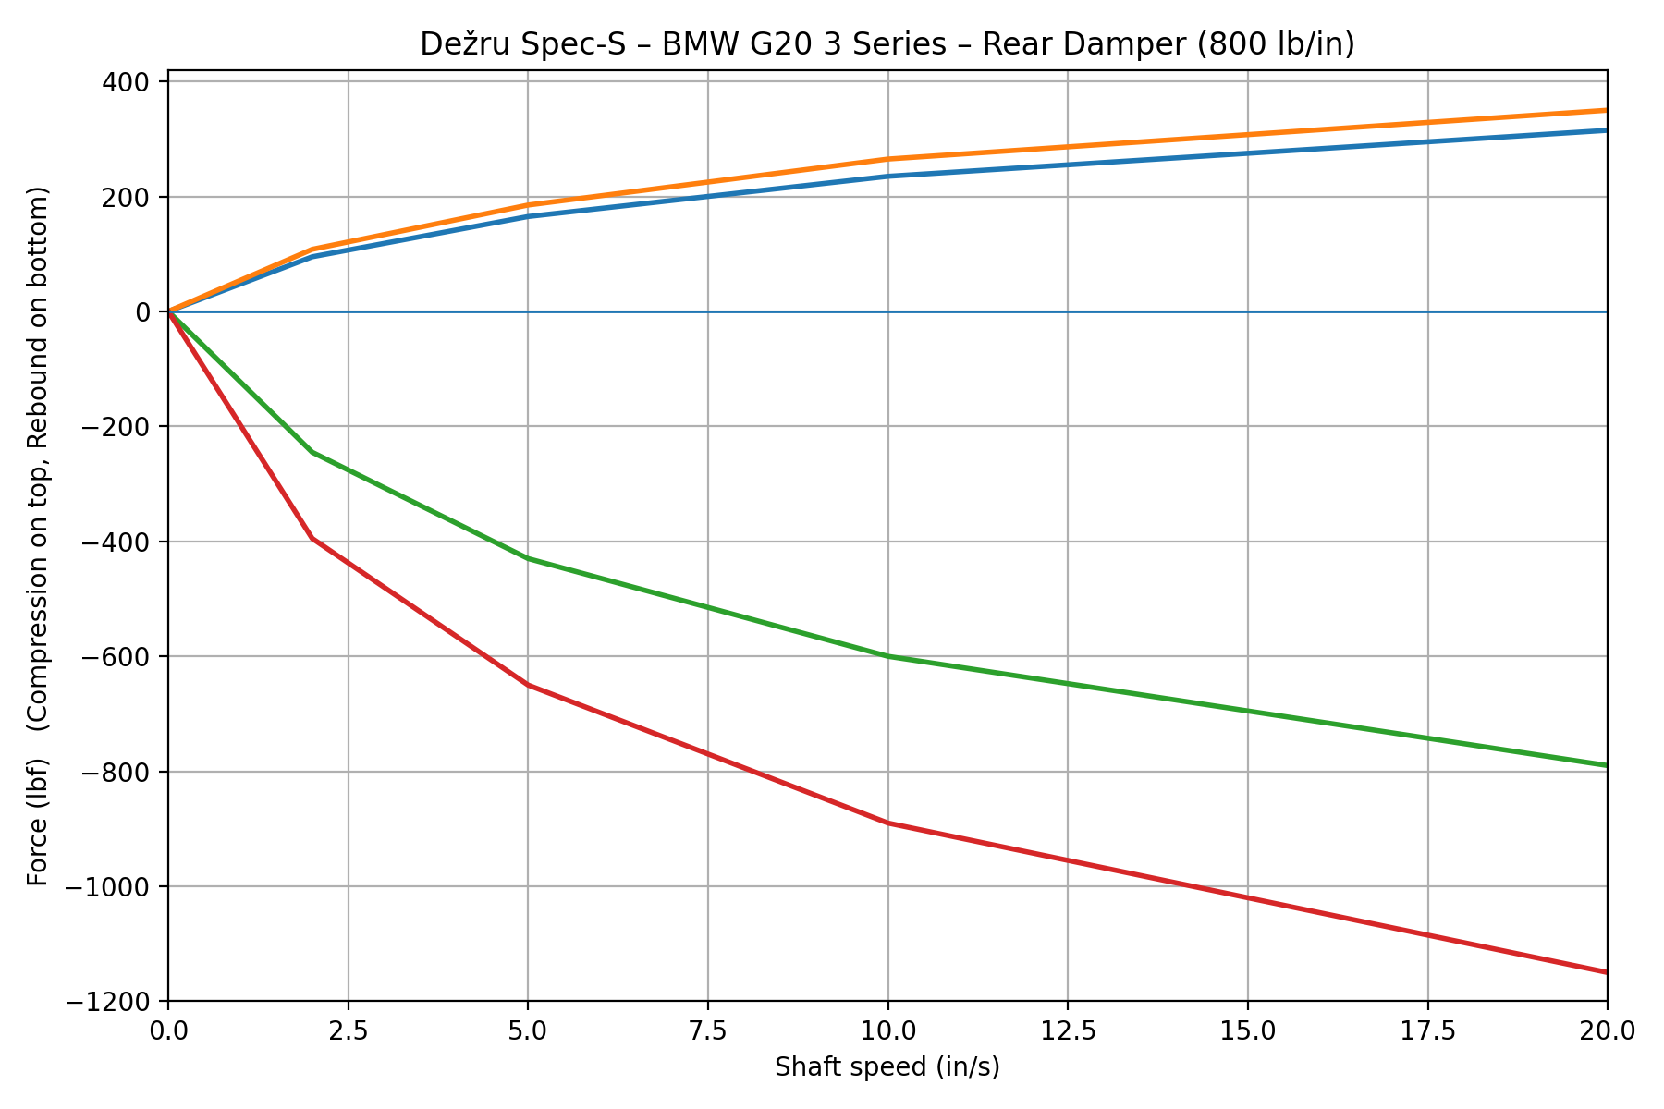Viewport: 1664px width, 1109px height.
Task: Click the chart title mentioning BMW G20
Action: click(887, 44)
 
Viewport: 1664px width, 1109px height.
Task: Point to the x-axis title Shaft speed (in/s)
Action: click(887, 1067)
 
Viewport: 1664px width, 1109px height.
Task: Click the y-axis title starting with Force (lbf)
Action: click(37, 536)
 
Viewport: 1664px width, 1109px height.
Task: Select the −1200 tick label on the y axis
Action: click(117, 1002)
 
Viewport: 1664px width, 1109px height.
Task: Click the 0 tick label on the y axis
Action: click(144, 312)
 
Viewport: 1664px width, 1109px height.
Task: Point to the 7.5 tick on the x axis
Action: click(708, 1029)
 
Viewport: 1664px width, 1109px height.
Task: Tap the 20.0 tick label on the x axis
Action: click(1607, 1029)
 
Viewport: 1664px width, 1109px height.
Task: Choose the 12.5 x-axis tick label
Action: click(1068, 1029)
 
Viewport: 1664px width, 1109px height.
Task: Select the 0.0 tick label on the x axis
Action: click(168, 1029)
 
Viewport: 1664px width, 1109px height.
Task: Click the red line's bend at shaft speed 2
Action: click(312, 538)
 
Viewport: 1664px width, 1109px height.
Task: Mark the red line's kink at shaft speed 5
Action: click(528, 685)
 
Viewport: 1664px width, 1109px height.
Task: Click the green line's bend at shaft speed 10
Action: click(887, 656)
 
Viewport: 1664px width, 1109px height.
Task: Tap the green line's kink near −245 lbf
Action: click(312, 452)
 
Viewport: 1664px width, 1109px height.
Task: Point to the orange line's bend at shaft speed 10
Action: click(887, 159)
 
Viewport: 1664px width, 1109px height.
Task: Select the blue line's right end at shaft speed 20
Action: click(1606, 130)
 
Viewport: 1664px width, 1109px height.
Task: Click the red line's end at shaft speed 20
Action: click(1606, 971)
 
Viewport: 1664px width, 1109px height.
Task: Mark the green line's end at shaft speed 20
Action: click(1606, 765)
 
